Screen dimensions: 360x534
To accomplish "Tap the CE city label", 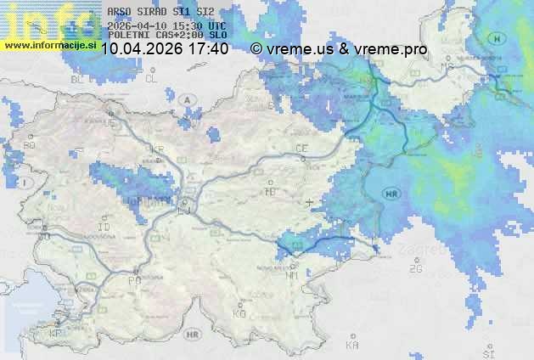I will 301,149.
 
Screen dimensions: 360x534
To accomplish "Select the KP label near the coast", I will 56,334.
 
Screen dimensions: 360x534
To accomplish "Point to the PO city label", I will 133,279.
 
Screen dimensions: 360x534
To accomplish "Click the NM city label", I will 292,275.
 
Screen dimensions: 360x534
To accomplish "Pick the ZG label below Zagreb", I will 415,269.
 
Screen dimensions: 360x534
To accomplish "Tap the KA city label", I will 352,346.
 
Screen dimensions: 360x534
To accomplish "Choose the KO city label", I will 239,313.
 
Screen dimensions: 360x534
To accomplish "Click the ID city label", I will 104,228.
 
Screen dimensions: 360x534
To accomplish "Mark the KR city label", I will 156,149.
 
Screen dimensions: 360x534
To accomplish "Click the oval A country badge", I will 186,99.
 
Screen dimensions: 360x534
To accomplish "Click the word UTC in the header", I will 216,25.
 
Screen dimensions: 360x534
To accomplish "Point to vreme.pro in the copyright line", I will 390,49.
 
